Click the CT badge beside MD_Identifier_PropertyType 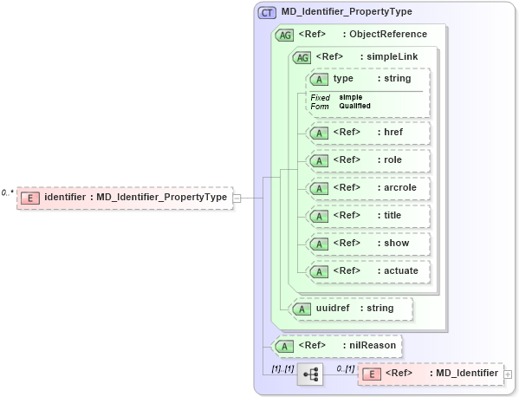[x=268, y=12]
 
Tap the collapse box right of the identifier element [x=237, y=198]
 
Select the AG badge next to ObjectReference [x=284, y=35]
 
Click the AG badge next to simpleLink [x=302, y=57]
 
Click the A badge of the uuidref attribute [x=302, y=308]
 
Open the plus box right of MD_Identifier [x=508, y=374]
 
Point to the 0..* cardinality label [x=8, y=192]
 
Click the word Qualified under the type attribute [x=354, y=106]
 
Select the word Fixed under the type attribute [x=321, y=97]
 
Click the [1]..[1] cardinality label [x=282, y=368]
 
